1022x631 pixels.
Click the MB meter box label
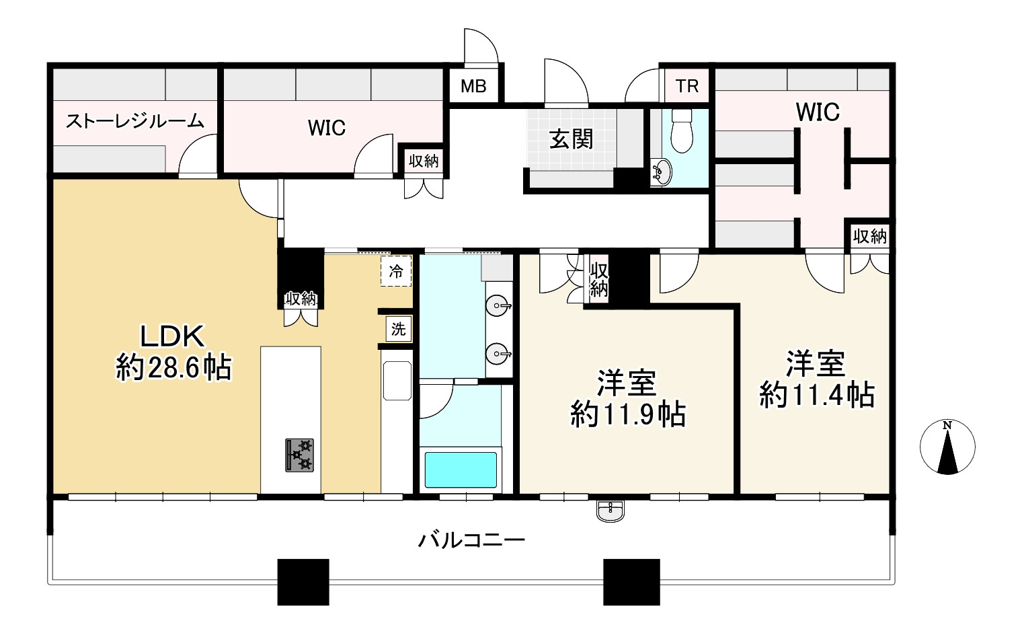click(473, 87)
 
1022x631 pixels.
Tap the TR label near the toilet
click(686, 86)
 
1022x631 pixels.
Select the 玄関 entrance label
click(571, 139)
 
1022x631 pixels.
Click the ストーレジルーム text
click(134, 121)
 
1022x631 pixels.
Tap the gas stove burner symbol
click(299, 455)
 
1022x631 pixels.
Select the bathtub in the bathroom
click(461, 470)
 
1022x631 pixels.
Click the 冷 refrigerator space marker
click(396, 271)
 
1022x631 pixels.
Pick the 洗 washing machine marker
click(399, 330)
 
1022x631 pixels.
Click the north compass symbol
click(947, 447)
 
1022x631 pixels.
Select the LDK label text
click(171, 336)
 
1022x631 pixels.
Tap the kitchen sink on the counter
click(397, 381)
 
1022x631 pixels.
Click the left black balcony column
click(303, 581)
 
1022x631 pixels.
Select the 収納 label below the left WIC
click(424, 161)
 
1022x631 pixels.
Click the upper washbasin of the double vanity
click(498, 307)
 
